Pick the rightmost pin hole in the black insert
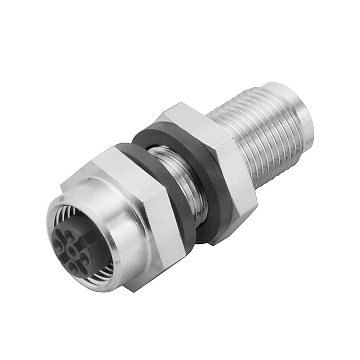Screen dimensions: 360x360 coord(85,258)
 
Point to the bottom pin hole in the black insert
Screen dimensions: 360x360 coord(74,266)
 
